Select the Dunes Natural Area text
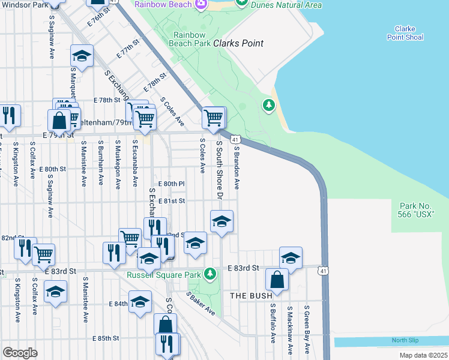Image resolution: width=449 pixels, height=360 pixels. (x=286, y=5)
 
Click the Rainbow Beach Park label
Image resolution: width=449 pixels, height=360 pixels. (x=191, y=39)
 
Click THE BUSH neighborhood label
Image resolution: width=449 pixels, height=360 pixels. (x=252, y=295)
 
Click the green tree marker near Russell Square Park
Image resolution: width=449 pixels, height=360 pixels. (x=209, y=274)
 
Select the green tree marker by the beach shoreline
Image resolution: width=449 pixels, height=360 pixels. (x=269, y=106)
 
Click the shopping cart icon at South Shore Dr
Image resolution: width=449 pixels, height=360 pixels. (x=214, y=118)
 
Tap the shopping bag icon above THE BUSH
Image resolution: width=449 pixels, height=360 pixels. (x=276, y=280)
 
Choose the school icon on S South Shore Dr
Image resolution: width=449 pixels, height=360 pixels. (x=221, y=222)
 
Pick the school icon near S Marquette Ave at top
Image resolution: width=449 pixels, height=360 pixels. (x=82, y=56)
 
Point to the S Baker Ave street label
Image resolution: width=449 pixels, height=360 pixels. (x=200, y=304)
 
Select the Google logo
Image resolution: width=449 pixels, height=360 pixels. (x=20, y=353)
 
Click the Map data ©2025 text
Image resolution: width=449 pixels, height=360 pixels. (x=423, y=355)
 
